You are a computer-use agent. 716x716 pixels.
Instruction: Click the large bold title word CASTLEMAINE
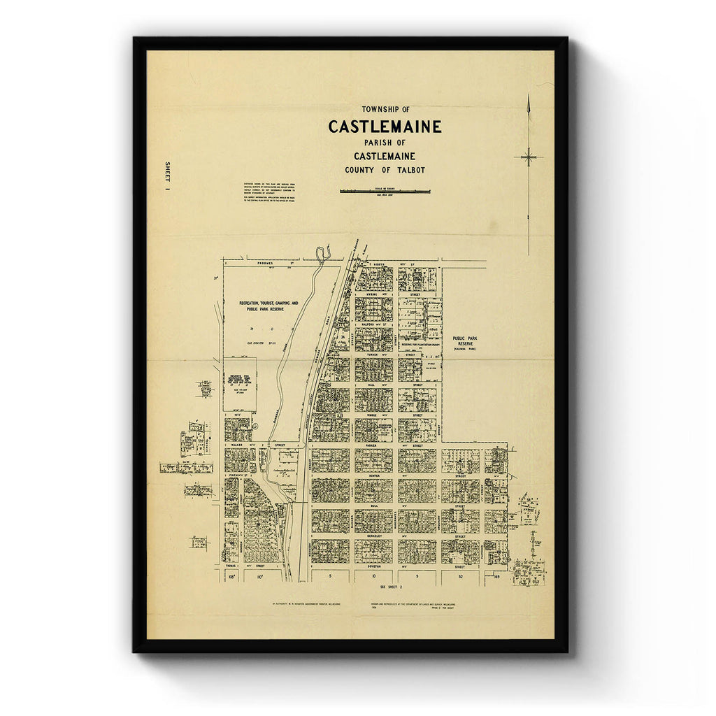coord(385,127)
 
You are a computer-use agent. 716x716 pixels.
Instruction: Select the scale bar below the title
coord(385,191)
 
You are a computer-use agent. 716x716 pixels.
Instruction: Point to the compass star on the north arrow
coord(529,157)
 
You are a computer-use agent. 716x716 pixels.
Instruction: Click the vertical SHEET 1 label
coord(167,178)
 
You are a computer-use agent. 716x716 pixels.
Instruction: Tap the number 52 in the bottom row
coord(460,578)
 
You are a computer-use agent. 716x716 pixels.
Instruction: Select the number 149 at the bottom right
coord(496,578)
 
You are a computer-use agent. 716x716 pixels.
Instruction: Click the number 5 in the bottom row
coord(329,578)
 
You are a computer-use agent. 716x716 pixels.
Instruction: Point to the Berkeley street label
coord(373,536)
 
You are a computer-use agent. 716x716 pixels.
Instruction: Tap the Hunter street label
coord(373,474)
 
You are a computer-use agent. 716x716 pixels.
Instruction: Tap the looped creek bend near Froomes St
coord(322,253)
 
